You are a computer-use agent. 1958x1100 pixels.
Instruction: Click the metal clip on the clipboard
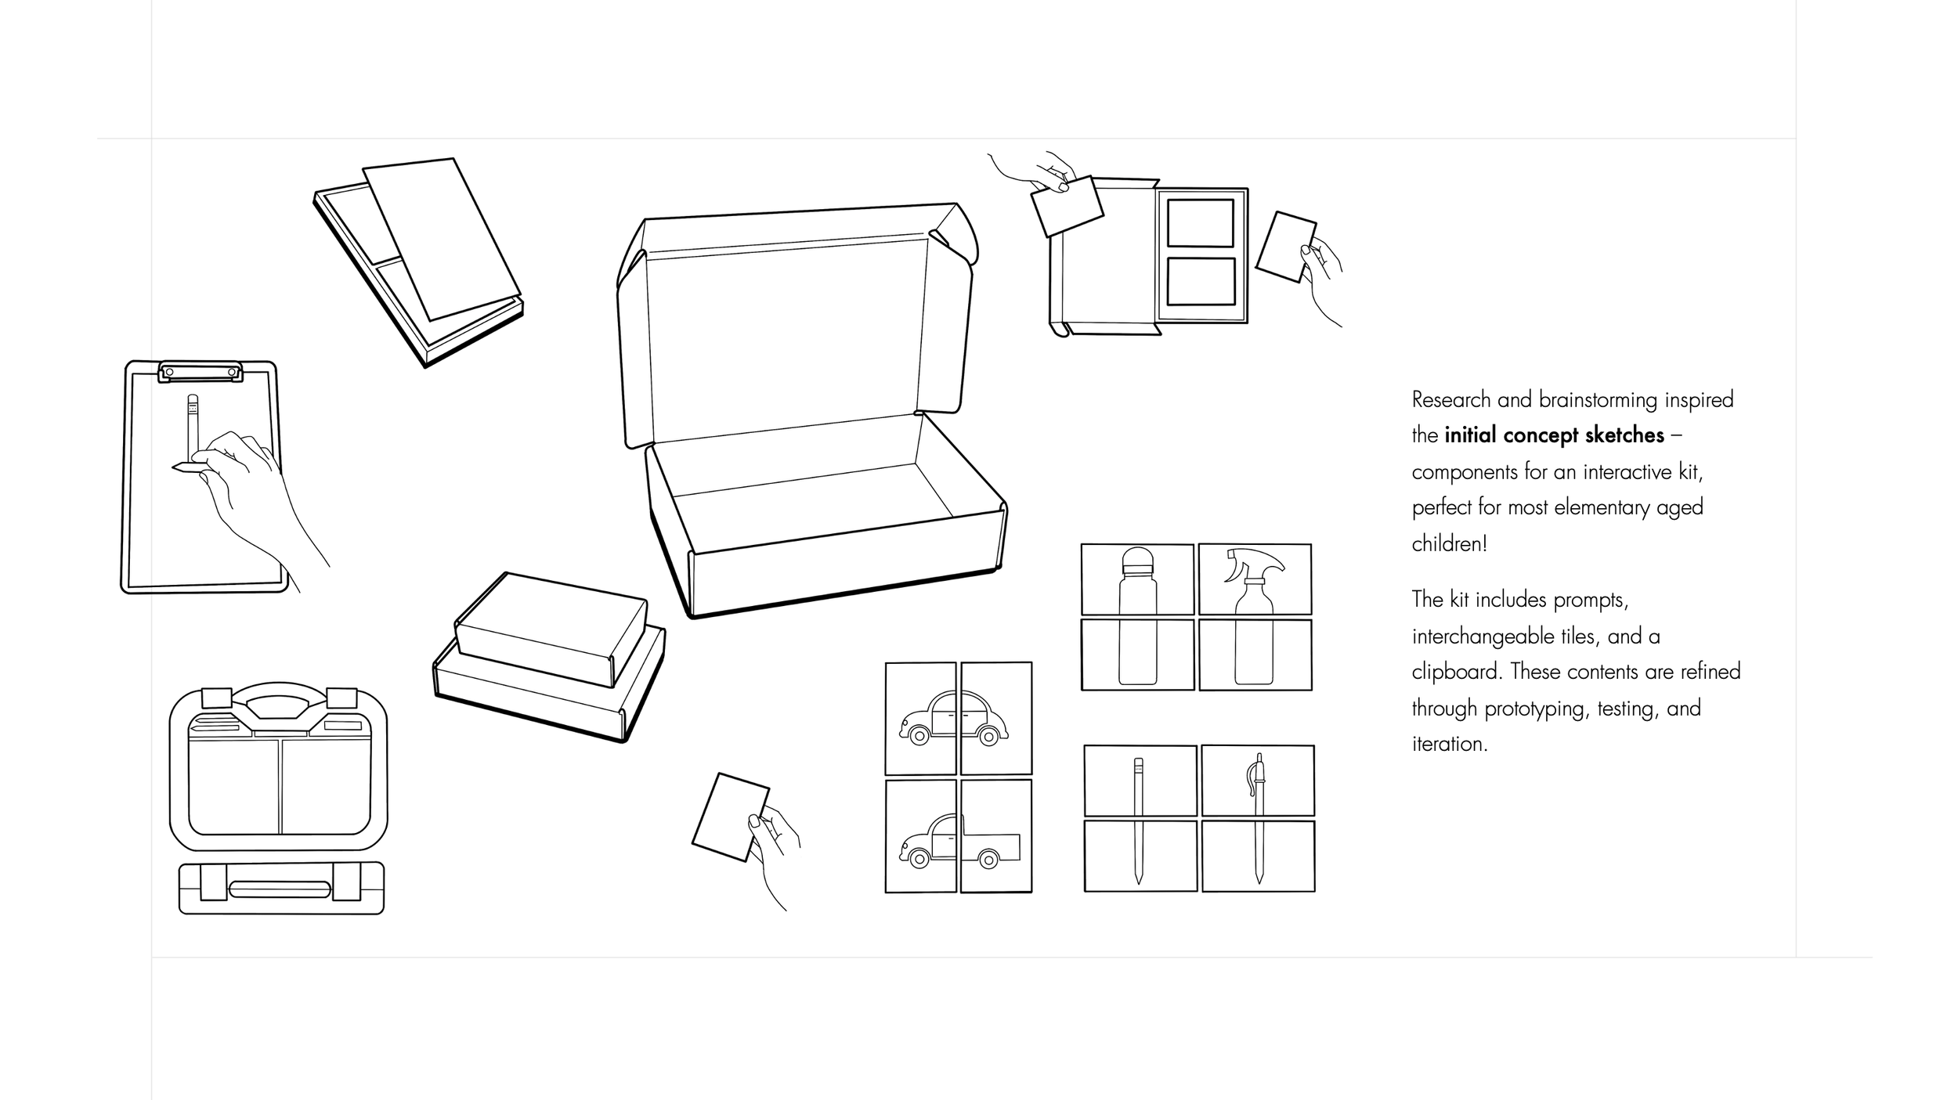click(200, 371)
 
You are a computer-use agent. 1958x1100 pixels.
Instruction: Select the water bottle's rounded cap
click(1138, 564)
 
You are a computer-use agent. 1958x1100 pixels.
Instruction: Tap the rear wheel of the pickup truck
click(989, 860)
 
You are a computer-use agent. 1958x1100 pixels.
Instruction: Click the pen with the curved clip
click(1258, 814)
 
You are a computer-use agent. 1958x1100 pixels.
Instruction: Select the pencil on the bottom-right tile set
click(1138, 818)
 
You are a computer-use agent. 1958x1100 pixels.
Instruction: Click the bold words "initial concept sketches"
click(1554, 435)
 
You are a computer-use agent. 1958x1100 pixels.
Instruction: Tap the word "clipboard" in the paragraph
click(1456, 672)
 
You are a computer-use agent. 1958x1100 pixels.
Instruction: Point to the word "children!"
click(1449, 543)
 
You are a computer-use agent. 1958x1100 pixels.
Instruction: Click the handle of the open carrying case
click(278, 701)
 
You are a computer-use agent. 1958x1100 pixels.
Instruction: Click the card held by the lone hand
click(729, 817)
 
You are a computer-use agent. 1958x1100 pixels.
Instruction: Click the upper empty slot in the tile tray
click(1200, 223)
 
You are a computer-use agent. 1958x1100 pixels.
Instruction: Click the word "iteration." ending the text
click(1449, 744)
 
